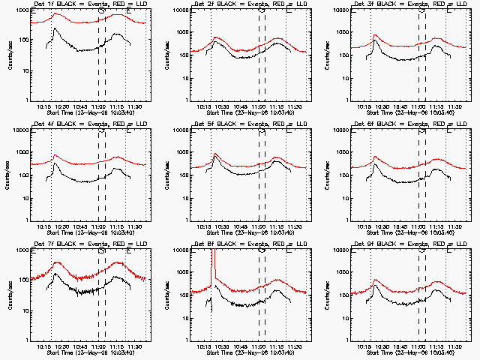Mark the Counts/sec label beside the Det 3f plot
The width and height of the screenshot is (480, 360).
[x=328, y=55]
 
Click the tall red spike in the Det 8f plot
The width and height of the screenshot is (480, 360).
[x=212, y=262]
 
